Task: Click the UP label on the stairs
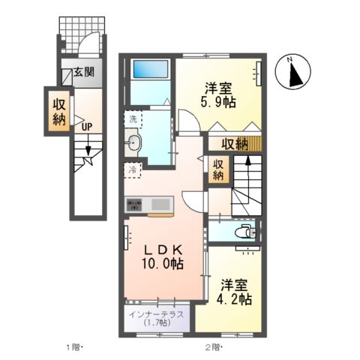tap(86, 126)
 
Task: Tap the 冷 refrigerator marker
tap(133, 170)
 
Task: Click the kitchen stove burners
tap(135, 203)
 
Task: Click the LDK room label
tap(160, 249)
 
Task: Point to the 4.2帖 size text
tap(235, 298)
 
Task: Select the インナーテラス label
tap(156, 314)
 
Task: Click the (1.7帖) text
tap(156, 324)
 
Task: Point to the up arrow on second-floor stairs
tap(247, 163)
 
